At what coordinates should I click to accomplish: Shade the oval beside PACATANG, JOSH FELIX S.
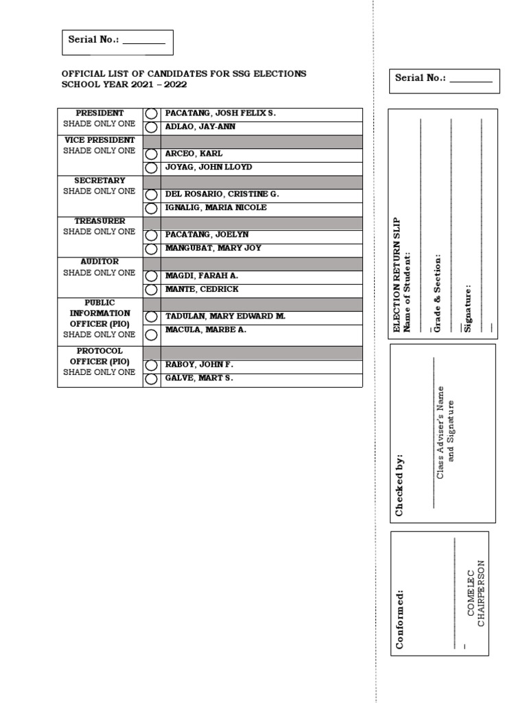point(151,114)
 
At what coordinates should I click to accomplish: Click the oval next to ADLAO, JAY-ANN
point(151,128)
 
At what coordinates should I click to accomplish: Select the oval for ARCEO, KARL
point(151,154)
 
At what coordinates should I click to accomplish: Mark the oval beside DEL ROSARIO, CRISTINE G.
point(151,195)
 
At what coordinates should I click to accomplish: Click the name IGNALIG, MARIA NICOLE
point(215,207)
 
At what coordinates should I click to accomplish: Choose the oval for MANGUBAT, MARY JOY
point(151,249)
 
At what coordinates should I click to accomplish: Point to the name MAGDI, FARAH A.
point(201,275)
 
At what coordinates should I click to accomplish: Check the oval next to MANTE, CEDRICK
point(151,290)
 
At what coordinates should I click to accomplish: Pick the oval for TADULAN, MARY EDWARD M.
point(151,317)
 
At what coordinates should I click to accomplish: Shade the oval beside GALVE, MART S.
point(151,380)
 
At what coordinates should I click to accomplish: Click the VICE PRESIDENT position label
point(99,140)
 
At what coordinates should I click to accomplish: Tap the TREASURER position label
point(99,221)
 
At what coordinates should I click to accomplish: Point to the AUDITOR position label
point(99,262)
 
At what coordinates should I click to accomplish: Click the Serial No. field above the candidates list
point(117,41)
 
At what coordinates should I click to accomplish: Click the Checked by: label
point(399,485)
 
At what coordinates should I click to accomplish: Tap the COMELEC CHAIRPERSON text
point(476,593)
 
